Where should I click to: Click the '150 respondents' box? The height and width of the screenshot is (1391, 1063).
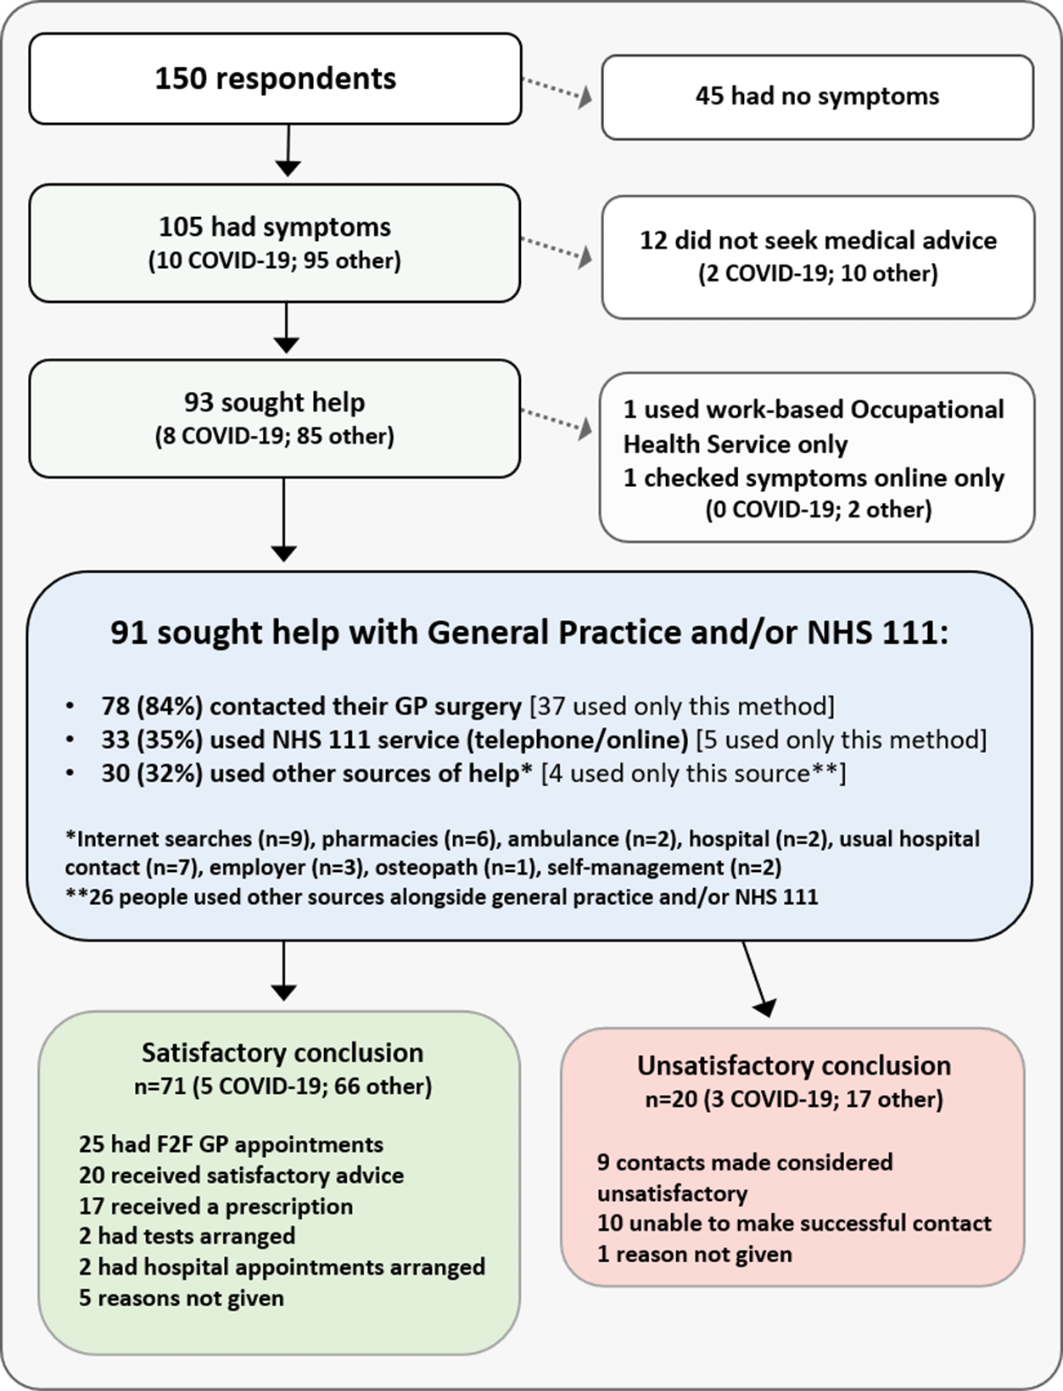click(x=275, y=79)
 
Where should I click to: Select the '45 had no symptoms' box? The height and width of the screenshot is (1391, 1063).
click(x=818, y=97)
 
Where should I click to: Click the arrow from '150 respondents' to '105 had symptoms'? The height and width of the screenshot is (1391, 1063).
click(x=288, y=150)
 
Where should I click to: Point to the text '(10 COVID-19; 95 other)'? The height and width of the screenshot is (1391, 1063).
click(x=275, y=261)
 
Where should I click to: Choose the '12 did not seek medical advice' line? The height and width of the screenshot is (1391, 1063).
click(x=819, y=240)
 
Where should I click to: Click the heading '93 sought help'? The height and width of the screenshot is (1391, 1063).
click(x=275, y=402)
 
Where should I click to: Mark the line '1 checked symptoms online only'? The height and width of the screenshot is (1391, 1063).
click(x=814, y=478)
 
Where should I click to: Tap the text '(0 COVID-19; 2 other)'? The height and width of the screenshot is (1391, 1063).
click(x=819, y=510)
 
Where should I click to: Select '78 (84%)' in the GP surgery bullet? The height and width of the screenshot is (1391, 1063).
click(x=152, y=706)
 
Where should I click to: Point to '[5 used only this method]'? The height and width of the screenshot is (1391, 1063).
click(x=841, y=740)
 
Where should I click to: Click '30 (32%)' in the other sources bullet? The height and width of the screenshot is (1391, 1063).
click(x=152, y=774)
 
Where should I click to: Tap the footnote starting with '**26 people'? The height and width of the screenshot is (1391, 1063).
click(x=442, y=897)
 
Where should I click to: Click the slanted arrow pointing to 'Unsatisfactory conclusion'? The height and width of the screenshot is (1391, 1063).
click(x=756, y=979)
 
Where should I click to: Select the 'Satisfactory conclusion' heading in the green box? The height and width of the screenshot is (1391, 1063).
click(x=283, y=1053)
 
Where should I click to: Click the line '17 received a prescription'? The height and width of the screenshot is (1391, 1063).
click(x=216, y=1206)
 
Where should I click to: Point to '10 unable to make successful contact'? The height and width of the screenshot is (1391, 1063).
click(x=794, y=1223)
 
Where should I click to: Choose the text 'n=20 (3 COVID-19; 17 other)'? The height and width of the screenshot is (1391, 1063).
click(x=794, y=1099)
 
